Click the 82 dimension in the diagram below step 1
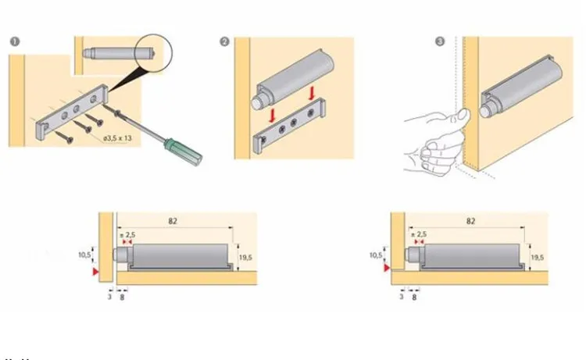coord(173,222)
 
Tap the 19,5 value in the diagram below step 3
coord(537,257)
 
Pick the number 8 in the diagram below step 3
coord(414,297)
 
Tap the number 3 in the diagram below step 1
coord(109,297)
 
